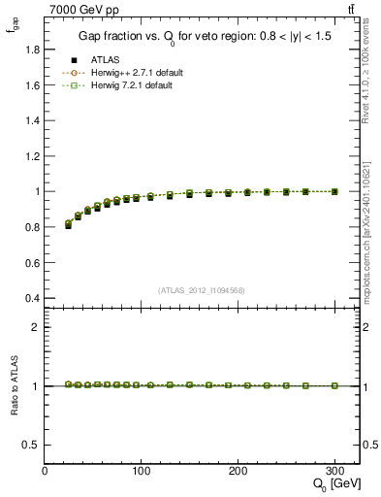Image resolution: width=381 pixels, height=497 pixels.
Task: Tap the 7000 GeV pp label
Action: tap(80, 9)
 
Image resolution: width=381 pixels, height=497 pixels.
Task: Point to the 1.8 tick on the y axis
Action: tap(33, 50)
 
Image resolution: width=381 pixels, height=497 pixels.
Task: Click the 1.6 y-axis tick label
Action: tap(33, 85)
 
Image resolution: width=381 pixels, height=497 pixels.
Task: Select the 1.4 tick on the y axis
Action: tap(33, 120)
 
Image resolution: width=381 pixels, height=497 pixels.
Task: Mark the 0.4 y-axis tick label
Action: tap(33, 298)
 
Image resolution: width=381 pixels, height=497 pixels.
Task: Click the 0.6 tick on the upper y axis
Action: tap(33, 262)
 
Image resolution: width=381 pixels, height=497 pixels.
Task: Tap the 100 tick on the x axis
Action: tap(142, 471)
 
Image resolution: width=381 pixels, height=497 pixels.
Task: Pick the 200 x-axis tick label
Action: tap(238, 471)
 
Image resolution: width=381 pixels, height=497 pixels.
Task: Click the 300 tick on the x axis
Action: tap(335, 471)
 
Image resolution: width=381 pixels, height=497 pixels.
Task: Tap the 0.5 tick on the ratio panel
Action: tap(33, 445)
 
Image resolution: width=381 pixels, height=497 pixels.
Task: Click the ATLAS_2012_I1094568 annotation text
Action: tap(202, 289)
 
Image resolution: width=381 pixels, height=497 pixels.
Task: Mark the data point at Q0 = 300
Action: tap(335, 191)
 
